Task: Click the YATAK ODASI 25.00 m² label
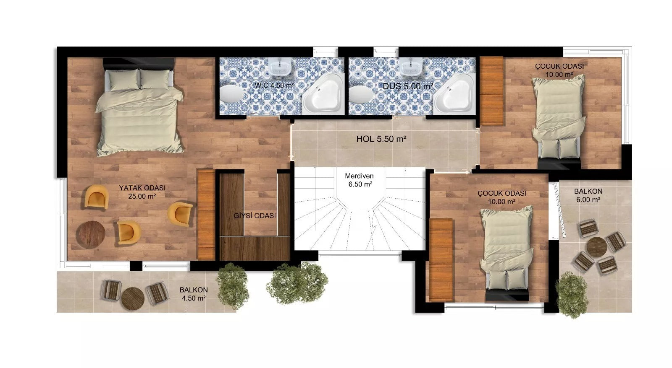142,192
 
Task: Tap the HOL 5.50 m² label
381,139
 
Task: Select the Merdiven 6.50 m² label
359,180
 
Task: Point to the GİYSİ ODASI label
255,215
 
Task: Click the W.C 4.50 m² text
274,86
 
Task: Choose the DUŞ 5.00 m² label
408,86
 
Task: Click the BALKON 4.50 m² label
194,294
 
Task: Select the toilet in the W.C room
230,94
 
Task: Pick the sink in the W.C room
280,67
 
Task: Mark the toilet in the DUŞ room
360,94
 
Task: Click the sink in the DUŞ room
410,67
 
